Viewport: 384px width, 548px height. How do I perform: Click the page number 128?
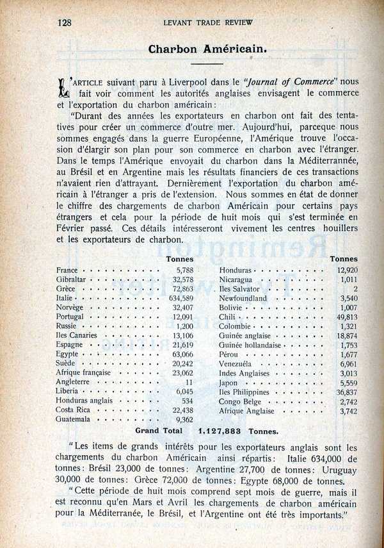pyautogui.click(x=64, y=22)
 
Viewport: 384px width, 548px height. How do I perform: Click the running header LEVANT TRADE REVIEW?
pyautogui.click(x=208, y=22)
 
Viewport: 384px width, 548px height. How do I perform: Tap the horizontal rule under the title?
pyautogui.click(x=207, y=64)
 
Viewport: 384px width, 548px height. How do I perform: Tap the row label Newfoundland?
pyautogui.click(x=243, y=298)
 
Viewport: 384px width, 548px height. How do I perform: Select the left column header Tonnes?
pyautogui.click(x=180, y=258)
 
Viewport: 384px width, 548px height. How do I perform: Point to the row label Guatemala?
pyautogui.click(x=73, y=419)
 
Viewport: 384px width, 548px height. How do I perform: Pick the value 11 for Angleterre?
pyautogui.click(x=189, y=382)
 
